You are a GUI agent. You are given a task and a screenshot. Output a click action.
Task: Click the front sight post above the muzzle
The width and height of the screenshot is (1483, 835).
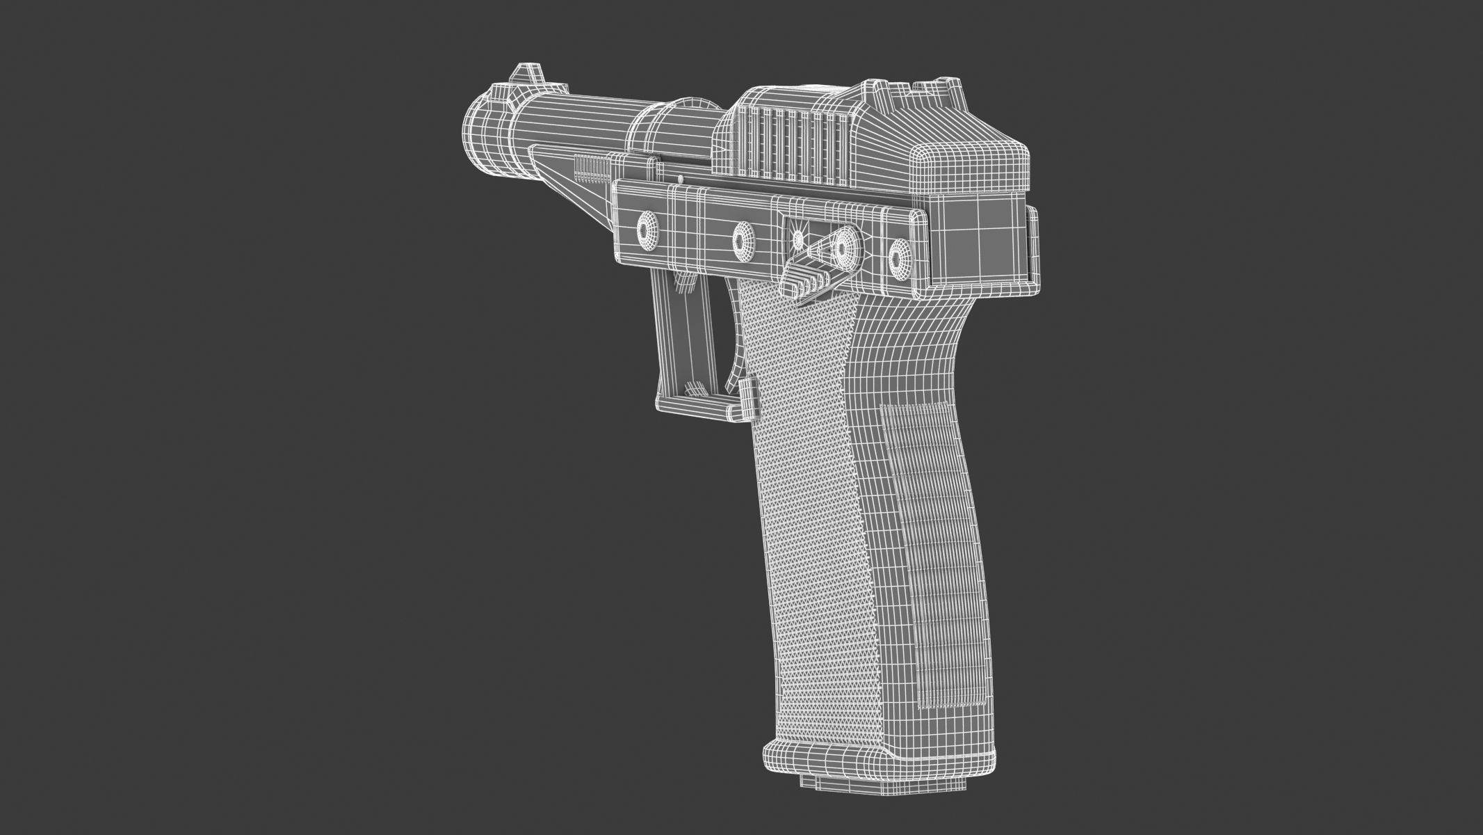[526, 73]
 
